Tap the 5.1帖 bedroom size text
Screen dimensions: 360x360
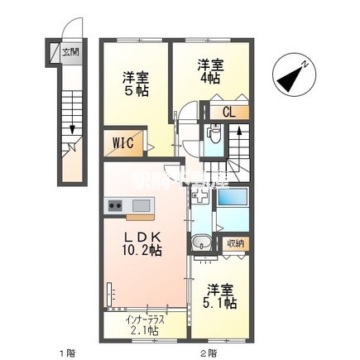pos(219,304)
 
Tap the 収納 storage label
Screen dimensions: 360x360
pos(236,243)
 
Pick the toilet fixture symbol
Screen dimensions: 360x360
pos(214,133)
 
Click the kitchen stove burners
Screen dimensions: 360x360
pos(114,205)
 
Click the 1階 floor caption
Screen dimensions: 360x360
pos(67,353)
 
